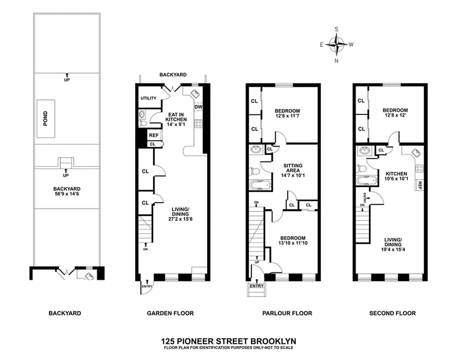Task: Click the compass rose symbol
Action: point(336,44)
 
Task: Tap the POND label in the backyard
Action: point(45,119)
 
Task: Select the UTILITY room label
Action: point(148,98)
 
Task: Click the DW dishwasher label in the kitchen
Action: point(199,107)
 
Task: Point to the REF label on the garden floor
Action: point(154,135)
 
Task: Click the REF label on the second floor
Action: point(419,184)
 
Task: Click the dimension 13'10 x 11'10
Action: point(293,243)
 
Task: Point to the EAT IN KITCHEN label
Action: point(174,117)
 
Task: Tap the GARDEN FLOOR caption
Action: point(170,313)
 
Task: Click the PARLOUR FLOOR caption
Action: point(287,313)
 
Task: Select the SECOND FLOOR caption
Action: point(392,313)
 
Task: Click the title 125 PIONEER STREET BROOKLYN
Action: point(229,341)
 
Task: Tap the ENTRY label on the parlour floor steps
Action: point(256,286)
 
